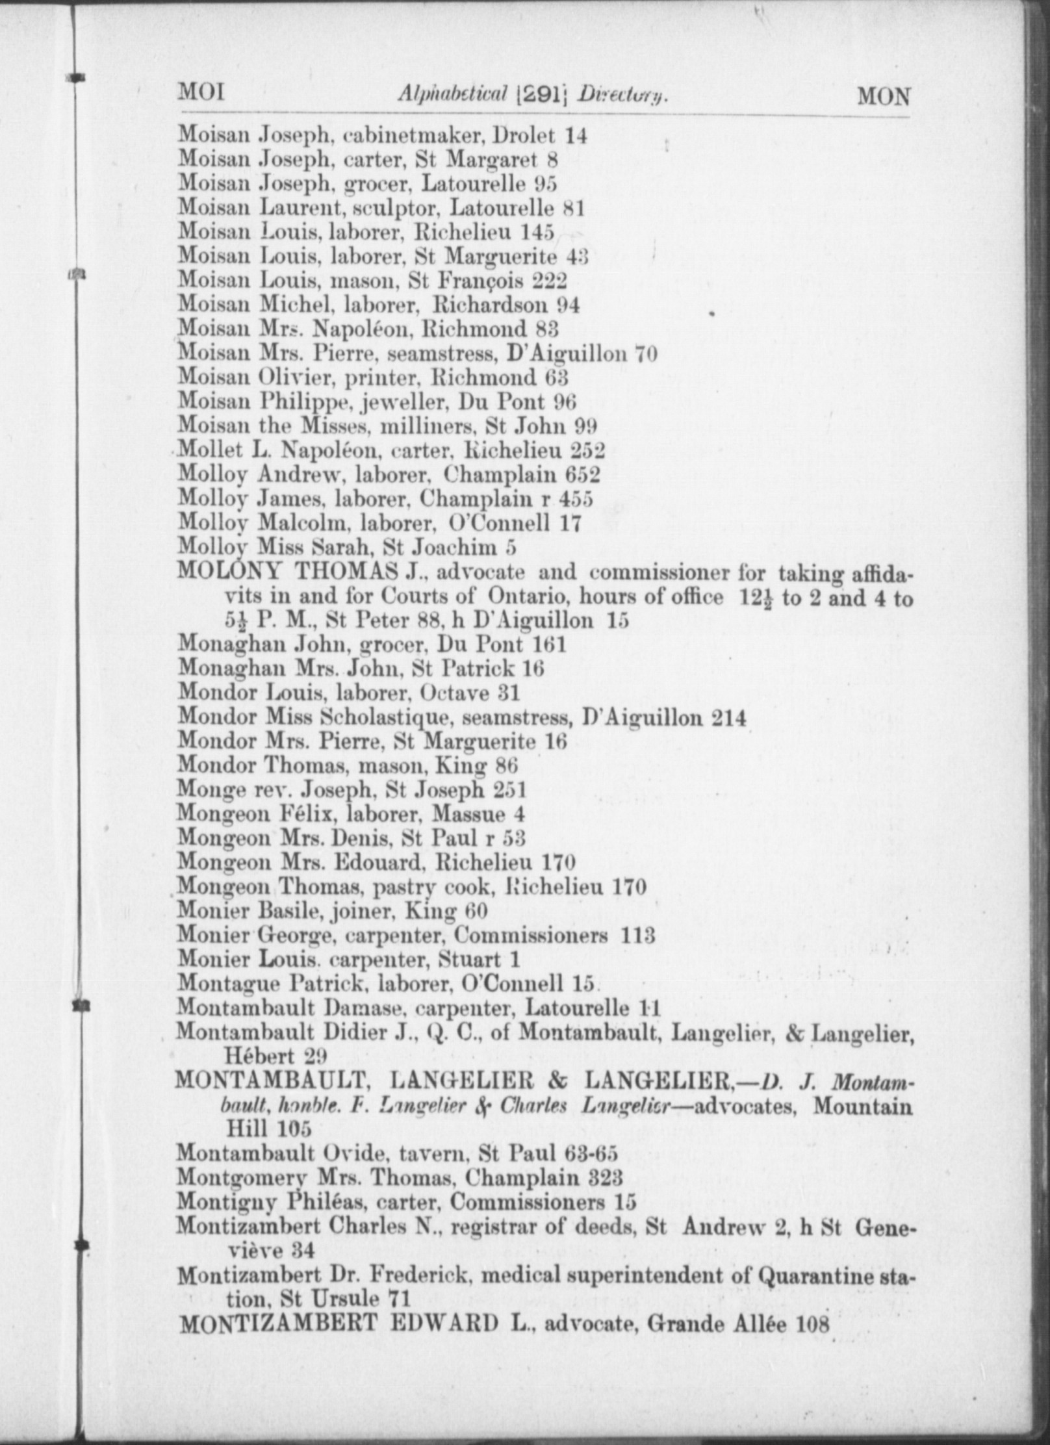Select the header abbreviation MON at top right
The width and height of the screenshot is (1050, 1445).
pos(884,96)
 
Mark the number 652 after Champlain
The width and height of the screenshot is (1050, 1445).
pos(582,474)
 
